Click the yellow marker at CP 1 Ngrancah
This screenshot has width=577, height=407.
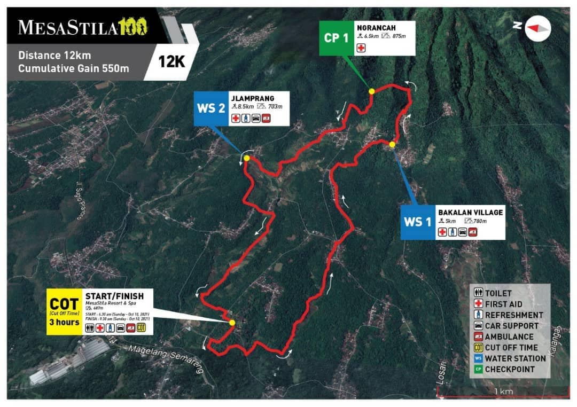tap(372, 91)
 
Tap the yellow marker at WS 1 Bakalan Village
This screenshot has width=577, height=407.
tap(392, 144)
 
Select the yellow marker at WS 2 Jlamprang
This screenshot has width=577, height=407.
tap(247, 158)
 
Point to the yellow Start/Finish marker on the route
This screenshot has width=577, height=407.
tap(232, 323)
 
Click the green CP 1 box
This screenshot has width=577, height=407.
tap(336, 38)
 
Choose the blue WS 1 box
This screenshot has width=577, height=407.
tap(418, 221)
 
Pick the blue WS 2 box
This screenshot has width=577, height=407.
tap(210, 109)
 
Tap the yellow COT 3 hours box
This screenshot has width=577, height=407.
tap(64, 312)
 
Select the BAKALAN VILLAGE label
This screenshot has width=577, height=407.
tap(470, 212)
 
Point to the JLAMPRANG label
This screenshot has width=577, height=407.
tap(253, 98)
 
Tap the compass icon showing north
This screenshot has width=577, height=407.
tap(537, 28)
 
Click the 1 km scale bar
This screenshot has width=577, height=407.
tap(503, 395)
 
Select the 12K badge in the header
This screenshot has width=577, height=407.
tap(171, 61)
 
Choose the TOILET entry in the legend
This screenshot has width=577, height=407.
tap(497, 293)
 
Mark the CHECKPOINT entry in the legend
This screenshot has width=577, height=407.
tap(509, 369)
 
